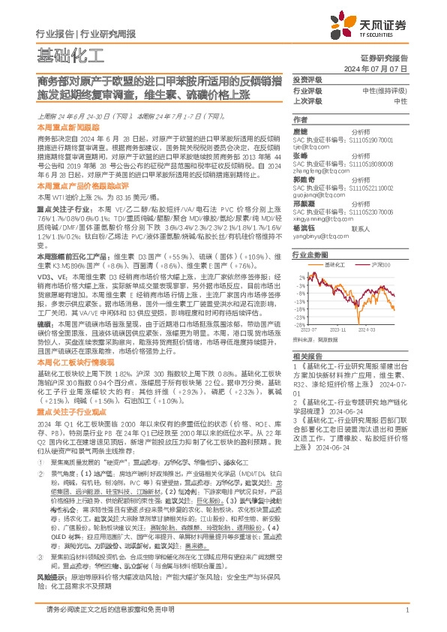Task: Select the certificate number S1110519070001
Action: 365,140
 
